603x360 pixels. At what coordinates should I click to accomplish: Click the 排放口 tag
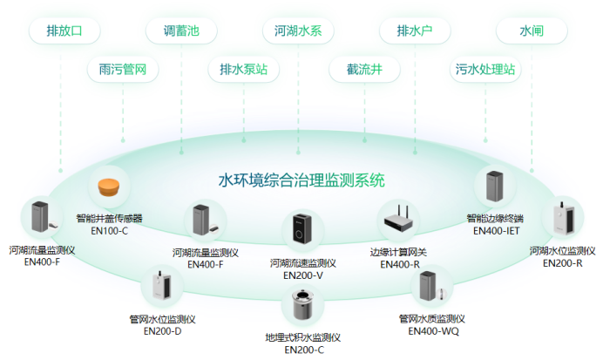(x=62, y=31)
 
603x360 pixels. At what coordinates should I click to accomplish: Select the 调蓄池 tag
(x=181, y=31)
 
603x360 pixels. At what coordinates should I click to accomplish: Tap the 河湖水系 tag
(x=298, y=31)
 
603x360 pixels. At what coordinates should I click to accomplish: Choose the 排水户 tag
(x=415, y=31)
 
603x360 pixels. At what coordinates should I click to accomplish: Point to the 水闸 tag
(x=532, y=31)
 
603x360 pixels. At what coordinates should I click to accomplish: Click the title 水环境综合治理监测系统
(x=301, y=180)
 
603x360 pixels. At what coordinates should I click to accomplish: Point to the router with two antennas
(x=400, y=218)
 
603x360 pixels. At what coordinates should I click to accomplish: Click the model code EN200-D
(x=163, y=331)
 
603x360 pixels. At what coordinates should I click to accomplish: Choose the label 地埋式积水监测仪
(x=302, y=337)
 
